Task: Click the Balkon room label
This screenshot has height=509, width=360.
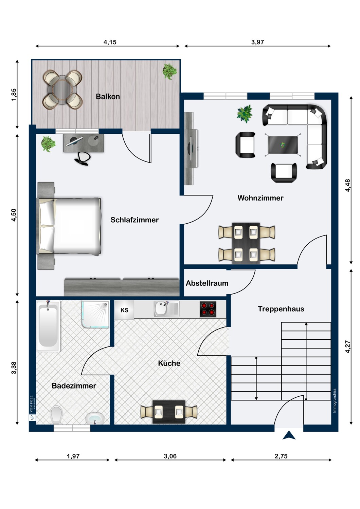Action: click(108, 97)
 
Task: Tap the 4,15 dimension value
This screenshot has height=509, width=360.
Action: click(110, 42)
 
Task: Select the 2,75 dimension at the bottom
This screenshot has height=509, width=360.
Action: click(281, 456)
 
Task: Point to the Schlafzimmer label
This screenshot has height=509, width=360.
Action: click(134, 220)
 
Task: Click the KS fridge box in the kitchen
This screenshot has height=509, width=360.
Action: click(124, 310)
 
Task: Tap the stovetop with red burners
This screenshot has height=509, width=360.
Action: click(208, 309)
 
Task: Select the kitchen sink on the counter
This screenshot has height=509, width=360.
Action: click(166, 309)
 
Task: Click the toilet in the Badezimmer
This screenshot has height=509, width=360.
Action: click(56, 416)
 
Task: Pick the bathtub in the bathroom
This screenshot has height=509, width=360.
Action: click(48, 326)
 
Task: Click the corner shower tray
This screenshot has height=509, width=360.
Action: click(95, 315)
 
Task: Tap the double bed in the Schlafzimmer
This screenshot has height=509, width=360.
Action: click(69, 226)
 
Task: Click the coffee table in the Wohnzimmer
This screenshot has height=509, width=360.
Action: click(283, 145)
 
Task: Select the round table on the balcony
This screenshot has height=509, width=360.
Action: click(62, 90)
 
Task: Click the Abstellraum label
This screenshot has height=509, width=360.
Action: click(207, 283)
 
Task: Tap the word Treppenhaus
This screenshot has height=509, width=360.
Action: click(281, 309)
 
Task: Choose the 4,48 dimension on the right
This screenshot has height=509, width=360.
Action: click(348, 185)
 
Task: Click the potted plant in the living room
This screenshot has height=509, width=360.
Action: click(245, 113)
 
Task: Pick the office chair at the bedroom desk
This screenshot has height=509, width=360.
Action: click(82, 158)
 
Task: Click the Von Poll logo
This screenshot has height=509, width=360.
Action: click(32, 408)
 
